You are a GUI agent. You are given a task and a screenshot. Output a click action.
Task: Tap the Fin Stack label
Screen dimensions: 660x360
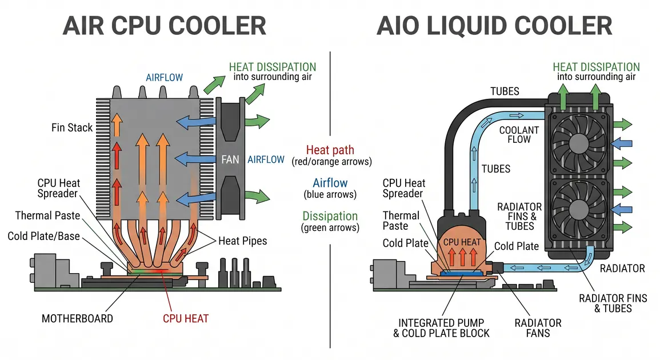71,127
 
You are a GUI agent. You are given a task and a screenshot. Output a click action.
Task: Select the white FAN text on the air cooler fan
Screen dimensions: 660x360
230,159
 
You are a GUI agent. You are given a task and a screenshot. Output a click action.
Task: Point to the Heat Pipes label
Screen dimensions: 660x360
242,241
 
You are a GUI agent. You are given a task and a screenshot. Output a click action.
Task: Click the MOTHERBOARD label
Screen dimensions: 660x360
77,318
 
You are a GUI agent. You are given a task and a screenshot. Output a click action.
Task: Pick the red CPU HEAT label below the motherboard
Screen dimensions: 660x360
186,318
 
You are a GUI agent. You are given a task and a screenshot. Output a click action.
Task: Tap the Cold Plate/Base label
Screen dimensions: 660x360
43,236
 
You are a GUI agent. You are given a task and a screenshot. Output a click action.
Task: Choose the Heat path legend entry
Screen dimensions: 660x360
330,150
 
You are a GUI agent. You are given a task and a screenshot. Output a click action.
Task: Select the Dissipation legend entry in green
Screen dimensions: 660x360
330,216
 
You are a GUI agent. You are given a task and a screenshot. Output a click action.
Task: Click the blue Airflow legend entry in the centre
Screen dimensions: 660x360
330,183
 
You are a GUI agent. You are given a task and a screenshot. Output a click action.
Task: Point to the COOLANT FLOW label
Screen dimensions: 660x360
519,135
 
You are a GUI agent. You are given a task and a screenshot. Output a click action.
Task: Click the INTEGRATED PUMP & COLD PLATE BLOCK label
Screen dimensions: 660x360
441,328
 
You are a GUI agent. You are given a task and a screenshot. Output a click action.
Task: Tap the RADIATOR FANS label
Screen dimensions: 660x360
538,328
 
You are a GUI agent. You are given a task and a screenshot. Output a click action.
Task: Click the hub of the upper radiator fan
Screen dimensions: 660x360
579,143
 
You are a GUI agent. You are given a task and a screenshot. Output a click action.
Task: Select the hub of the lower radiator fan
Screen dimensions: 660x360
579,209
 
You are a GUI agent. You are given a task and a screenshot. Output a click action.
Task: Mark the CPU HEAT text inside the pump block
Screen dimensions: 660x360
462,242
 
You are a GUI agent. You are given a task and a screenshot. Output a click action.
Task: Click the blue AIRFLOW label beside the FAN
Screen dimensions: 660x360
266,159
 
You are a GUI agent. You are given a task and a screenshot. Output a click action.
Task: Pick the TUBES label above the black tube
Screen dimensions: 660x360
505,91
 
